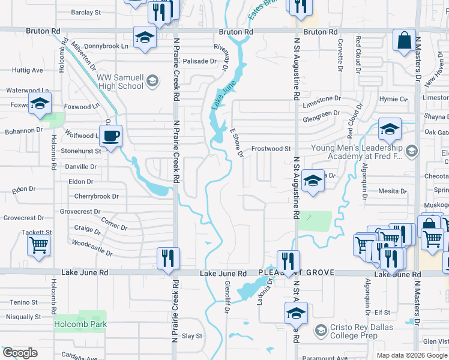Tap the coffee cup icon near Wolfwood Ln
click(109, 136)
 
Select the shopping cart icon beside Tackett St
click(38, 244)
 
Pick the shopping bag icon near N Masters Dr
click(405, 41)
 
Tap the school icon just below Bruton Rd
click(145, 38)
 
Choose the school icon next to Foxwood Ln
click(40, 104)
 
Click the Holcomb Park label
click(80, 325)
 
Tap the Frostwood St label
click(271, 148)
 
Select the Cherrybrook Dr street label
click(96, 196)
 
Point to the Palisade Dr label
click(199, 61)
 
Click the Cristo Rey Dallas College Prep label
click(355, 331)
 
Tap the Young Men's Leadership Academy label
click(357, 152)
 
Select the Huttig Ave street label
click(27, 70)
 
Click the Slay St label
click(192, 336)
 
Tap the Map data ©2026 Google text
click(412, 355)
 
